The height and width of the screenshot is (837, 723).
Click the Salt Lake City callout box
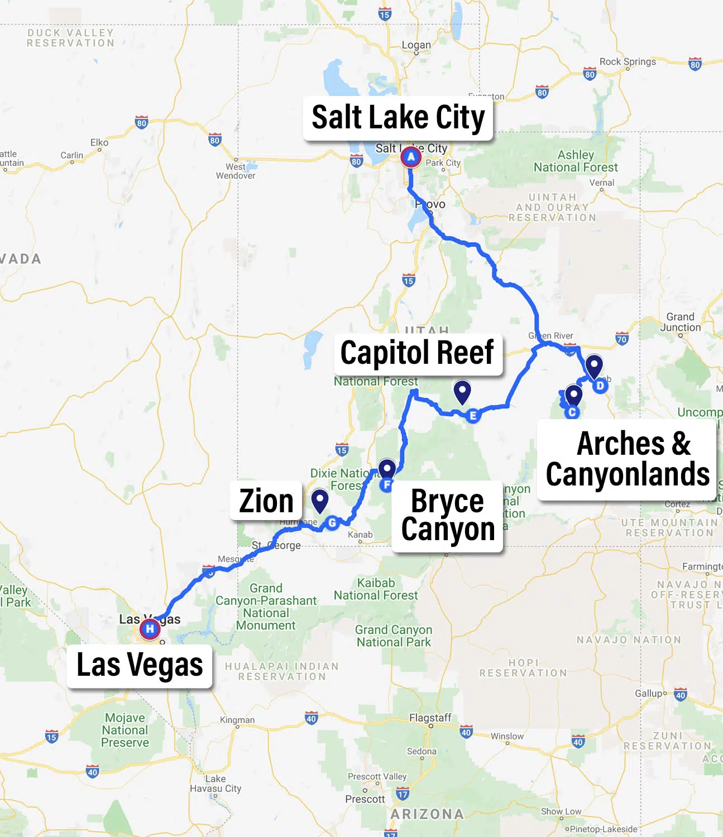(x=398, y=118)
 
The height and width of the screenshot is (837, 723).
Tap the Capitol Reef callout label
(x=418, y=354)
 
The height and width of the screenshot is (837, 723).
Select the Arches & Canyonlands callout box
(x=627, y=459)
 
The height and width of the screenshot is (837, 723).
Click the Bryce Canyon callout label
(x=448, y=516)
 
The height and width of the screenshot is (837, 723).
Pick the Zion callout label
(x=266, y=501)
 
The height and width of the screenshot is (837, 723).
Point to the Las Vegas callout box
(x=140, y=665)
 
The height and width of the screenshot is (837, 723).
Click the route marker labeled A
(x=411, y=157)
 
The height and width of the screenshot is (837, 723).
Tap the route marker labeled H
(x=149, y=629)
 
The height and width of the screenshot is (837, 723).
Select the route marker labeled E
(x=473, y=416)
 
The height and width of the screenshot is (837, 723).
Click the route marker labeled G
(x=333, y=523)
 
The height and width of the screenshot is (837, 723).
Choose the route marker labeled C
(x=572, y=412)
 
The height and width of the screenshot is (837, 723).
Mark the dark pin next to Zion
(x=319, y=500)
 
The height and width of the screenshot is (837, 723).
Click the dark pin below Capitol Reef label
(x=462, y=391)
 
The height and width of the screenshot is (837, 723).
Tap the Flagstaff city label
(x=430, y=718)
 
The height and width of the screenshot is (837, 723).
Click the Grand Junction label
(x=680, y=322)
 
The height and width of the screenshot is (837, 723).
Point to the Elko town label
(x=99, y=143)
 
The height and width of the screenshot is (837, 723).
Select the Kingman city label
(x=237, y=720)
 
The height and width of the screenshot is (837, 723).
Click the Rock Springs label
(x=628, y=62)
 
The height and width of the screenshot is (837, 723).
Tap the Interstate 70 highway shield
(x=622, y=338)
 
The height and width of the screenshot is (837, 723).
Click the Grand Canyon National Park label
(x=394, y=636)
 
